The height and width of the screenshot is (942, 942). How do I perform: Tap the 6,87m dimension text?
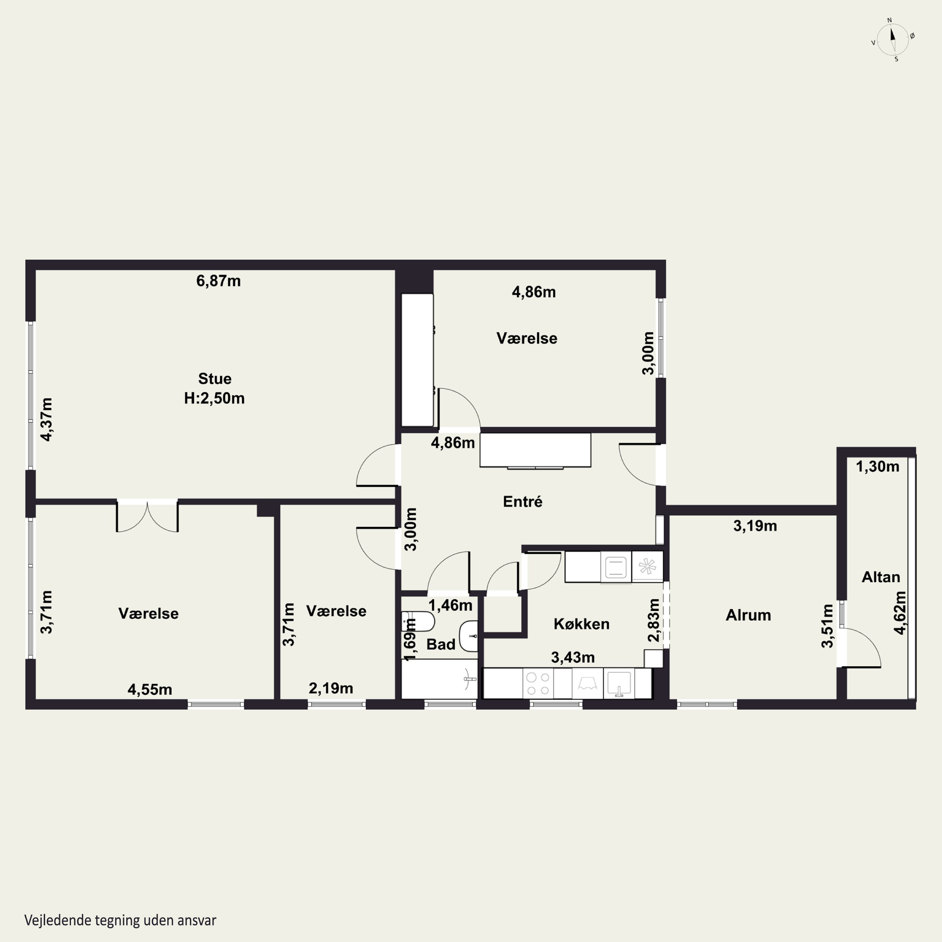[x=219, y=281]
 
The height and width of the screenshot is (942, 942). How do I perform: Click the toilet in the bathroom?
[x=418, y=621]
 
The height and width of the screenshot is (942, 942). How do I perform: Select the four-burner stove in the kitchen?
[x=538, y=683]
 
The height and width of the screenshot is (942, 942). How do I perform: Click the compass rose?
[x=893, y=40]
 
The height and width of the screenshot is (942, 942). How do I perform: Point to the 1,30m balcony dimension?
[x=878, y=467]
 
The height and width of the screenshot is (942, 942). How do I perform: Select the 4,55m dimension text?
[x=150, y=690]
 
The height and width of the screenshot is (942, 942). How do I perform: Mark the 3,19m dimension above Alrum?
[x=755, y=526]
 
